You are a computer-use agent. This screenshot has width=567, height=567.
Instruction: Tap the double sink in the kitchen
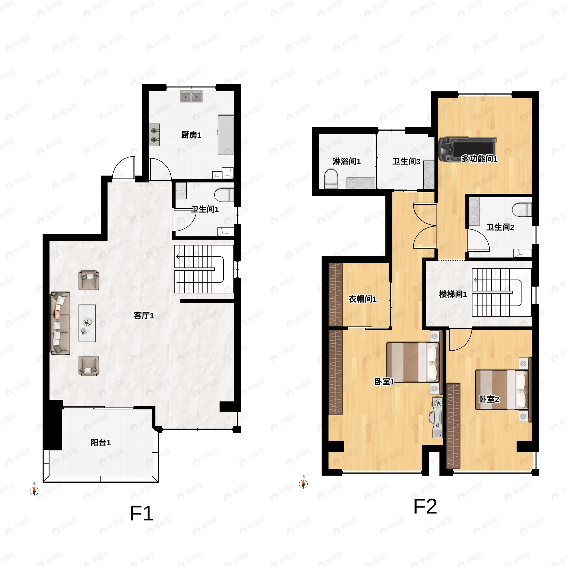pos(191,96)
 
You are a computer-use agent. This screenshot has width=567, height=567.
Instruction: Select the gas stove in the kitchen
pos(154,135)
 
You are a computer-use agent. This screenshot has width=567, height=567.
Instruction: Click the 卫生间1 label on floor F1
pos(205,209)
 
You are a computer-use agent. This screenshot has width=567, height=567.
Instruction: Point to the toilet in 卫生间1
pos(224,195)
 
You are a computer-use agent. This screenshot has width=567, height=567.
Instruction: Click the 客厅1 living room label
pos(144,315)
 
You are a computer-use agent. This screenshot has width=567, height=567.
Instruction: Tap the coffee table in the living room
pos(87,323)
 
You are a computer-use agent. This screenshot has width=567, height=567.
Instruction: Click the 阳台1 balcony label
pos(100,442)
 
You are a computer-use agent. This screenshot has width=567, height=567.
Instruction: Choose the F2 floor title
pos(425,506)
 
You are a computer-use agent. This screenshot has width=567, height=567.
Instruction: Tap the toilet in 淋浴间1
pos(331,178)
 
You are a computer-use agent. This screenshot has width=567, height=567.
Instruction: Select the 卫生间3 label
pos(406,161)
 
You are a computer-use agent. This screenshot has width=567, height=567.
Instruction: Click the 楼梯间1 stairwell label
pos(453,294)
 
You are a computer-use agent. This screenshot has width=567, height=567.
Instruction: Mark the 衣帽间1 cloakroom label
pos(362,299)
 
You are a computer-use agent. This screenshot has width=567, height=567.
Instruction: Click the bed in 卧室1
pos(413,362)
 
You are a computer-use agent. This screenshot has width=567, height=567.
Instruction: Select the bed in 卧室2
pos(501,390)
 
